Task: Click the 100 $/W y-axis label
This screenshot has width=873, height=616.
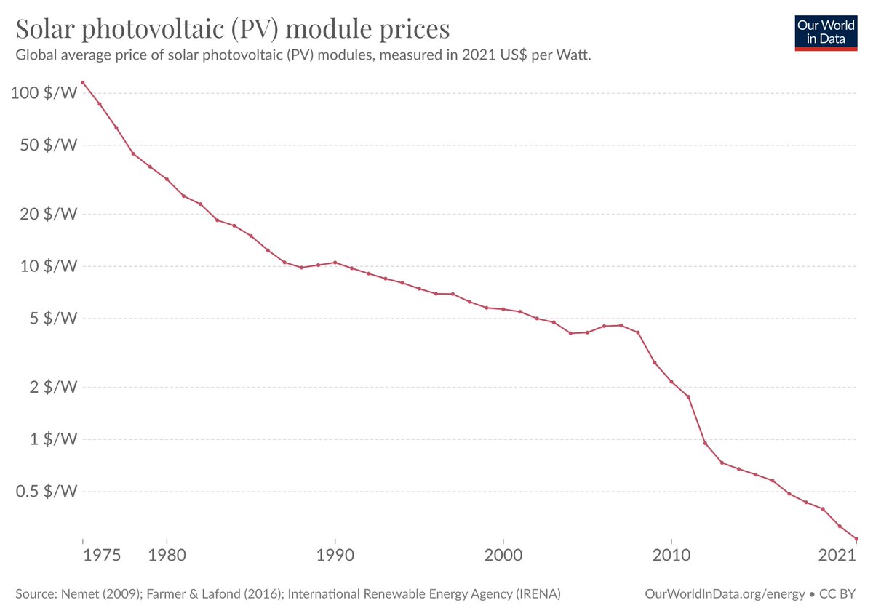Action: pyautogui.click(x=45, y=94)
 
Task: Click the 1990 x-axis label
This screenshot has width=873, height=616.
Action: pyautogui.click(x=335, y=556)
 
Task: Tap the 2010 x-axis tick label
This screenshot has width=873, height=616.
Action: pyautogui.click(x=671, y=556)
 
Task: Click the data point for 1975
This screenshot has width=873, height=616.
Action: pyautogui.click(x=83, y=83)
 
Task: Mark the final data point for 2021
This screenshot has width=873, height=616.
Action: pyautogui.click(x=856, y=539)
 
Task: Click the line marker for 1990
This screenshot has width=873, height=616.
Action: pyautogui.click(x=335, y=263)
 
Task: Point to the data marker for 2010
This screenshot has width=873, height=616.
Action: pyautogui.click(x=671, y=382)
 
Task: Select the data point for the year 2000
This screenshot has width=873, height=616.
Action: pyautogui.click(x=503, y=309)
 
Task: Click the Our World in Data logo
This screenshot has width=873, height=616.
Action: pyautogui.click(x=826, y=31)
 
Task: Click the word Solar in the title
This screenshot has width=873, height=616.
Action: pyautogui.click(x=47, y=29)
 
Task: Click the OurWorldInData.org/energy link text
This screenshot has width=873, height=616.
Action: pyautogui.click(x=725, y=594)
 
